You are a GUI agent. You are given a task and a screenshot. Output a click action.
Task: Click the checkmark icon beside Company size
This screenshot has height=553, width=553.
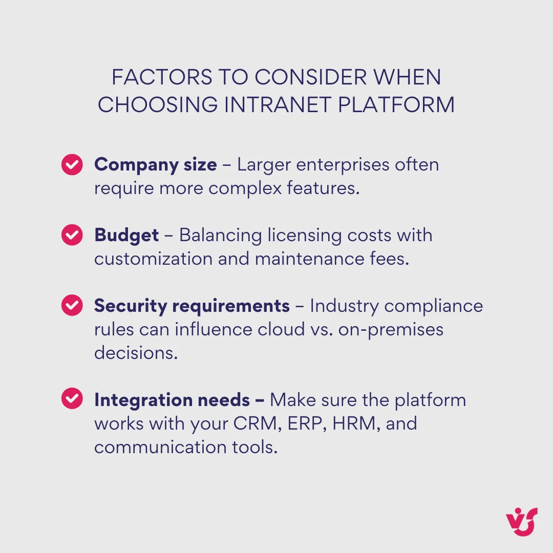click(72, 165)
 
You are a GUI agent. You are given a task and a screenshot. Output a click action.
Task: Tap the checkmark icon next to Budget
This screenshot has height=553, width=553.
click(72, 235)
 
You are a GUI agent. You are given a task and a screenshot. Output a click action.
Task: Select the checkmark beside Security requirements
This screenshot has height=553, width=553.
click(72, 306)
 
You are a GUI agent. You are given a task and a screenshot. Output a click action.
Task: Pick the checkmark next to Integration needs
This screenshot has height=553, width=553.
click(72, 399)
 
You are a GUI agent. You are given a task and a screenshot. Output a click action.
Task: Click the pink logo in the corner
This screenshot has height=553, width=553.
click(522, 522)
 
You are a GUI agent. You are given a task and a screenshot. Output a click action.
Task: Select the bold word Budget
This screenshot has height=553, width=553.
click(126, 235)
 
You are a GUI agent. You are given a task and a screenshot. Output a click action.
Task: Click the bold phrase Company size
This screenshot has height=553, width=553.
click(156, 165)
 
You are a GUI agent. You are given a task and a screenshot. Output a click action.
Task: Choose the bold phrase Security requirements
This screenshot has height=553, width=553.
click(192, 306)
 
